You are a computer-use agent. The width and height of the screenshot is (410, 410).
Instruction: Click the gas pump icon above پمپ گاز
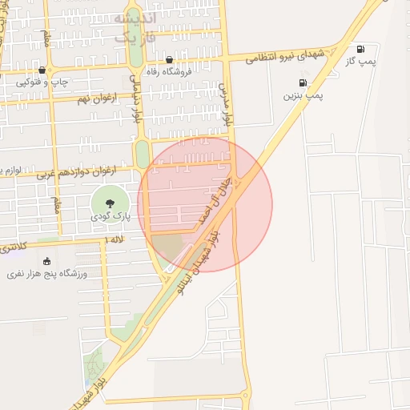pos(360,49)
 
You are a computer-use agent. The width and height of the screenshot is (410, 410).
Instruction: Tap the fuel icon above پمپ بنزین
pos(303,82)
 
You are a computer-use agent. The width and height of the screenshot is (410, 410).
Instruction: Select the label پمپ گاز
pos(361,61)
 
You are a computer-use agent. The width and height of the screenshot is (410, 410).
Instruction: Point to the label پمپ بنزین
pos(303,95)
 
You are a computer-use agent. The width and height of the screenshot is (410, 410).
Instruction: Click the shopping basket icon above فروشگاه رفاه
pos(169,60)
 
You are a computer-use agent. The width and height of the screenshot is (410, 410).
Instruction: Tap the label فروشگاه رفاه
pos(169,72)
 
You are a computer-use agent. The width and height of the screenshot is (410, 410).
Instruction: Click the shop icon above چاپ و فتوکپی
pos(42,70)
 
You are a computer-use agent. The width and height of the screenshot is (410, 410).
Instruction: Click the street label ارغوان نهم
pos(94,98)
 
